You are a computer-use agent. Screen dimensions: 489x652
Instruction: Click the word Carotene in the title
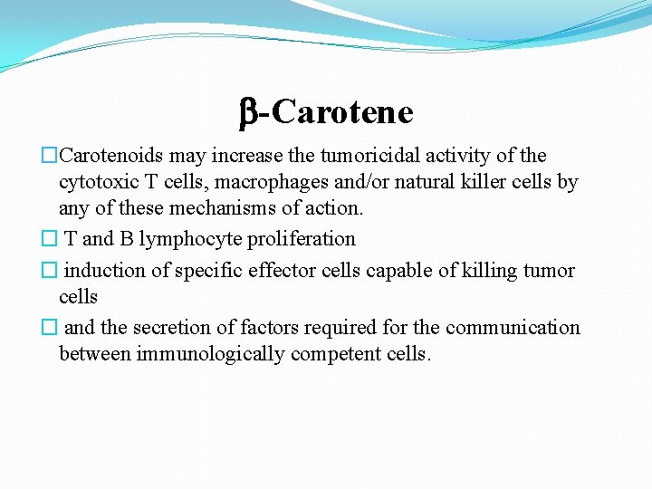pos(341,112)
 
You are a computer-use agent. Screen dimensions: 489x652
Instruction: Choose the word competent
pos(340,354)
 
